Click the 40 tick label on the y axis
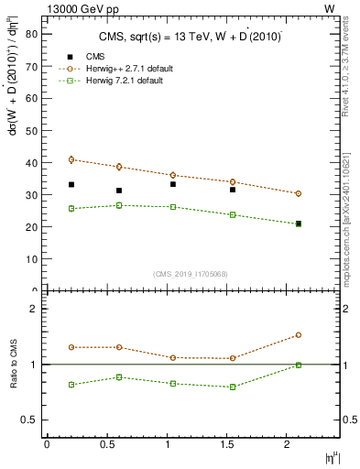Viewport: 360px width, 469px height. click(x=30, y=162)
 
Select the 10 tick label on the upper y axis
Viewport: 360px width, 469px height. click(x=30, y=258)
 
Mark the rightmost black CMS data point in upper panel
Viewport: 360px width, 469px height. click(x=299, y=224)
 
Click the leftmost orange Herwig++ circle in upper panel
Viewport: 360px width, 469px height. click(x=71, y=159)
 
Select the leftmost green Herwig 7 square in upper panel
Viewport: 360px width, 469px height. click(x=71, y=209)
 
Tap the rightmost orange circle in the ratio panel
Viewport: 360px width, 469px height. click(x=299, y=335)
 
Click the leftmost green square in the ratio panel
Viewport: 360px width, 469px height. click(x=71, y=385)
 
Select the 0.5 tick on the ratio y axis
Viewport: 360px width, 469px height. click(x=30, y=420)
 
